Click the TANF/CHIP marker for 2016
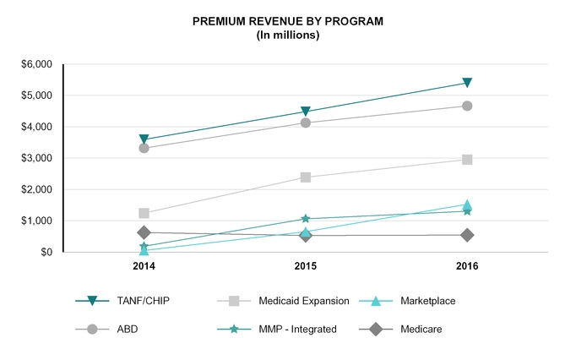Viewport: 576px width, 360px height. (x=467, y=83)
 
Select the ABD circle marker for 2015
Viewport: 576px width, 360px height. (x=306, y=123)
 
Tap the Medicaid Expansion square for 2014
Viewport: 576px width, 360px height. (x=144, y=214)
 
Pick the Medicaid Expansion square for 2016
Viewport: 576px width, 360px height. (x=467, y=160)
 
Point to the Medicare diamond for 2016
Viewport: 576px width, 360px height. (x=467, y=235)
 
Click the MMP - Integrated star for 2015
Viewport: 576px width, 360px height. (x=306, y=219)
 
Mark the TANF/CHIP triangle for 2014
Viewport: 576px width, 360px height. (x=144, y=139)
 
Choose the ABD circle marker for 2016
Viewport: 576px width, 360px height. (x=467, y=106)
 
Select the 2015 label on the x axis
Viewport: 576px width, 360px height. (x=306, y=266)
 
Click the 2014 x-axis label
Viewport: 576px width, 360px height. (x=144, y=266)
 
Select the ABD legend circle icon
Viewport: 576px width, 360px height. (x=94, y=329)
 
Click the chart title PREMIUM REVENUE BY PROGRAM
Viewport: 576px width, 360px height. (x=287, y=20)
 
